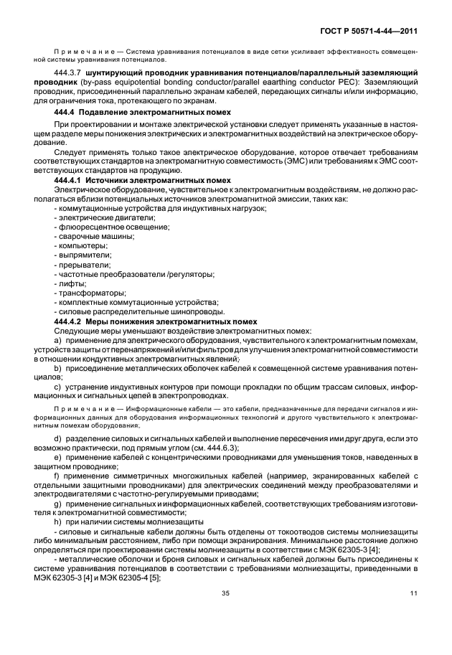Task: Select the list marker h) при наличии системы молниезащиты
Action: click(58, 522)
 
